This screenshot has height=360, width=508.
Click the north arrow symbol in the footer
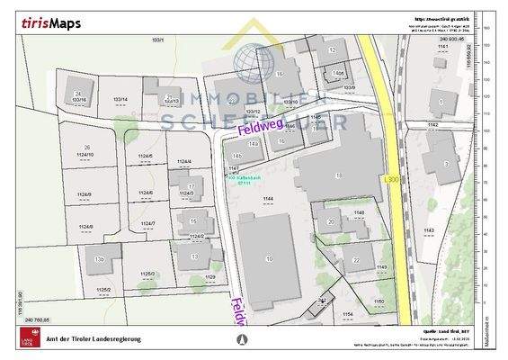pos(240,339)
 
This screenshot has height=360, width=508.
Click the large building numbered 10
pos(269,258)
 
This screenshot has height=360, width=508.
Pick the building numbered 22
pos(357,259)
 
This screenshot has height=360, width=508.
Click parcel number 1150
pos(379,301)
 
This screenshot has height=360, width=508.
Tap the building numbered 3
pos(446,163)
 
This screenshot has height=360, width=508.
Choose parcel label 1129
pos(210,277)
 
